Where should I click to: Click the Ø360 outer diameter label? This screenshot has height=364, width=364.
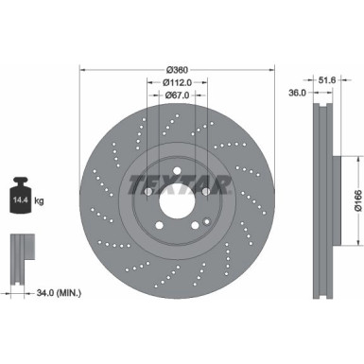(177, 69)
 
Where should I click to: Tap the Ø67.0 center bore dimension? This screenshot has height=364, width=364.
(177, 95)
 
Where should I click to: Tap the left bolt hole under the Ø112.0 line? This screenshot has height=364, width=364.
(148, 192)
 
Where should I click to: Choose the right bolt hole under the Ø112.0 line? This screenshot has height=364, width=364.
(205, 192)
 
